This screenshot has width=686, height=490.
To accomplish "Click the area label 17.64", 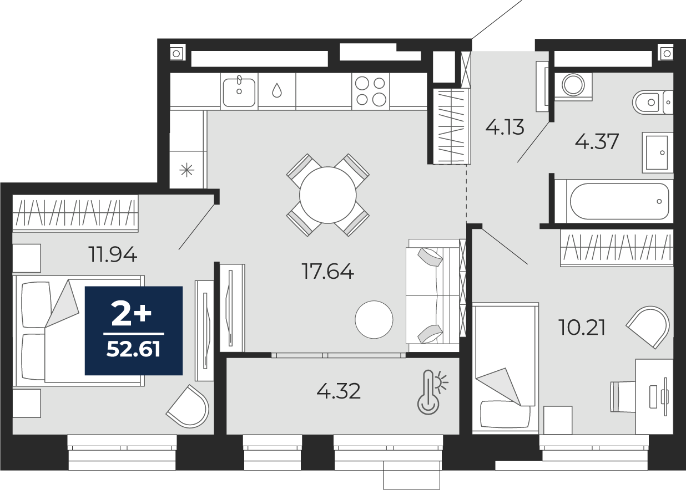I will click(327, 272).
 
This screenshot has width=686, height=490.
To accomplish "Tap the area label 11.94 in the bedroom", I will click(113, 254).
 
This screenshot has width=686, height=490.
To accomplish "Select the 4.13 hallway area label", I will click(505, 127).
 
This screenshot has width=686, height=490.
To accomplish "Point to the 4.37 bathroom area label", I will click(597, 141).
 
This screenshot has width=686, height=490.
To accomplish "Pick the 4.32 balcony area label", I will click(339, 391).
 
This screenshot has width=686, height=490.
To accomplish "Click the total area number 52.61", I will click(133, 350).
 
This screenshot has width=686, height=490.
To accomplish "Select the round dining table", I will click(327, 195).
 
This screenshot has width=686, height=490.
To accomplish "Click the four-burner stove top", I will click(371, 91).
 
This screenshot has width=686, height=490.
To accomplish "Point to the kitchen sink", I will click(239, 91).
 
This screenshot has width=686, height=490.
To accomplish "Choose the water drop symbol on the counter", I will click(277, 90).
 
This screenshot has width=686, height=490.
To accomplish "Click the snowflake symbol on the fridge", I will click(187, 170).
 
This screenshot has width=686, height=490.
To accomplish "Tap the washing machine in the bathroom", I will click(573, 85).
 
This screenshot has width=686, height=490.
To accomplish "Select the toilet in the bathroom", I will click(652, 102).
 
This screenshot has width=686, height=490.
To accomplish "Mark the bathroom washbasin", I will click(657, 152).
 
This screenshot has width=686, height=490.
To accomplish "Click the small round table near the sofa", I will click(374, 319).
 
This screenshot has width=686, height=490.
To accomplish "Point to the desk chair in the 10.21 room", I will click(623, 396).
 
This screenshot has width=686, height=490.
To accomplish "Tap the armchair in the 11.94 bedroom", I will click(189, 407).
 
